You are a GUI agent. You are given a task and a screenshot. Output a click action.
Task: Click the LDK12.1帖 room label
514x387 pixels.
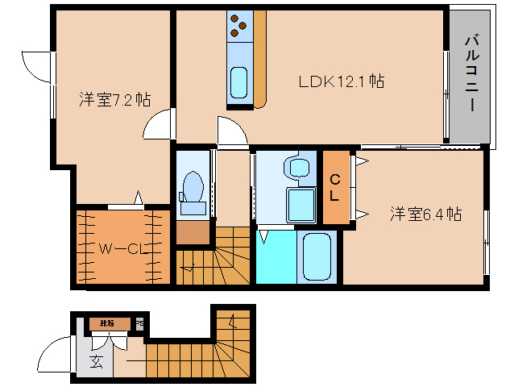click(x=341, y=81)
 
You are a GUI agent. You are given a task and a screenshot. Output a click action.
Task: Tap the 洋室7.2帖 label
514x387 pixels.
click(x=114, y=100)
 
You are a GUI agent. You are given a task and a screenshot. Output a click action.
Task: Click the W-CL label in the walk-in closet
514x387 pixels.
click(x=123, y=249)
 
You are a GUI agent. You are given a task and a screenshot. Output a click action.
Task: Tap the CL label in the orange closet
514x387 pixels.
click(x=336, y=187)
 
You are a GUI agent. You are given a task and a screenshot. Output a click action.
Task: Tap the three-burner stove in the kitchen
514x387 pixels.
click(x=239, y=26)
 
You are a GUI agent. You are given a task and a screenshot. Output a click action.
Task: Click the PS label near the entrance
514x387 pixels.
click(x=139, y=325)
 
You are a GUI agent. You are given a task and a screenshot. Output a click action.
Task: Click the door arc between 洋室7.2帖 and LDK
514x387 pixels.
click(x=158, y=126)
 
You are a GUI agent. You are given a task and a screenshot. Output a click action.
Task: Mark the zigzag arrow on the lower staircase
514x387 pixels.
click(x=232, y=326)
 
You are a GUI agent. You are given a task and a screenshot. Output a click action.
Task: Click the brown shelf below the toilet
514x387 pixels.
click(x=192, y=232)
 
